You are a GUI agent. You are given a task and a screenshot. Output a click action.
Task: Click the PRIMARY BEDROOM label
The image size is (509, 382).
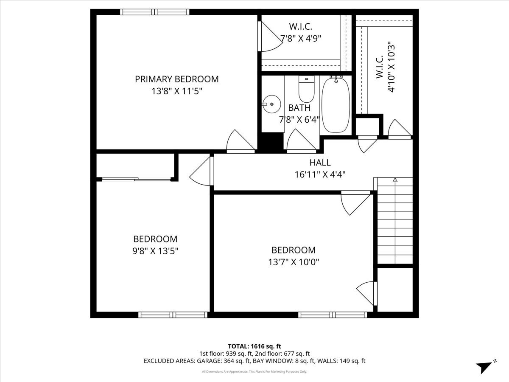[177, 79]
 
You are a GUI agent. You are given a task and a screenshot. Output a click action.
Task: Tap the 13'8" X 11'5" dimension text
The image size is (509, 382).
[177, 91]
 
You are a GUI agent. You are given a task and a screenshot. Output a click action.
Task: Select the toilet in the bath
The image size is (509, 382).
[306, 89]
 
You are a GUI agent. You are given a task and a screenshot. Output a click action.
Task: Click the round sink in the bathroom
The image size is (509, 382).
[271, 104]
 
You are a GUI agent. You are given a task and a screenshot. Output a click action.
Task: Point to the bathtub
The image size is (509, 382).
[336, 104]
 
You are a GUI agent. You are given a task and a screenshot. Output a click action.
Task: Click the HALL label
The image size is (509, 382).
[320, 163]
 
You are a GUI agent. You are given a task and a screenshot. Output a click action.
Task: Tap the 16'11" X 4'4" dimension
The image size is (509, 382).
[320, 174]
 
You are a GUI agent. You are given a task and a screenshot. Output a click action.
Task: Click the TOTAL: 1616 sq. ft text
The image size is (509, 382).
[255, 346]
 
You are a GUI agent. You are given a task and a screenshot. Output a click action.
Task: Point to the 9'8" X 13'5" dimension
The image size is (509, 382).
[155, 251]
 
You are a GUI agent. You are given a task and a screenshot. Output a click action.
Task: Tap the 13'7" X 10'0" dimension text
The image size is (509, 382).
[294, 262]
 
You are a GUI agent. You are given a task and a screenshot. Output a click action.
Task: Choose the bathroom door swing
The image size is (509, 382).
[302, 140]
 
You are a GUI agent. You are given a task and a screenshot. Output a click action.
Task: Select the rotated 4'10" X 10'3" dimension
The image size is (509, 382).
[391, 67]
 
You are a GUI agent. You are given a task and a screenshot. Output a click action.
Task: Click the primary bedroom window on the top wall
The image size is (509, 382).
[155, 12]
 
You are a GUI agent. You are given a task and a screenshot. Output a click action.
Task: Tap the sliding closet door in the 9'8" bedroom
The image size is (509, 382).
[136, 179]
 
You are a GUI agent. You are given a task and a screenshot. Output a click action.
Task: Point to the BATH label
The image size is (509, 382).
[299, 108]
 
